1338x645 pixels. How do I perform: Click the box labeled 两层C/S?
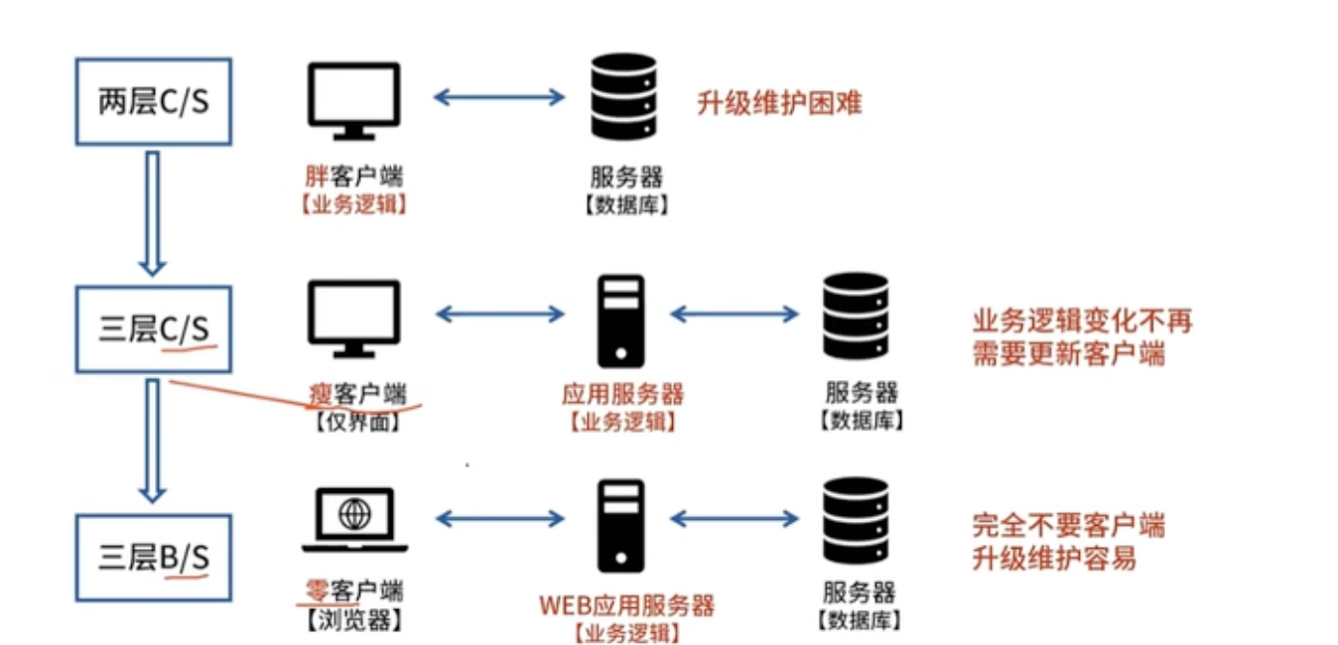(154, 101)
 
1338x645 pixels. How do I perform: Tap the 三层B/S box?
(154, 557)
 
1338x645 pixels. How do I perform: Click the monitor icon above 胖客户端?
(353, 101)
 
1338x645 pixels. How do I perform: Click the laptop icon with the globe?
(354, 520)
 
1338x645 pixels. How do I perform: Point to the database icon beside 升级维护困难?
(623, 97)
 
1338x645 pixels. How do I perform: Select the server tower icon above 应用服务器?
(620, 321)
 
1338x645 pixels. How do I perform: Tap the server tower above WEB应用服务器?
(620, 525)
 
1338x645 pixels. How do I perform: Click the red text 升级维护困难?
(779, 102)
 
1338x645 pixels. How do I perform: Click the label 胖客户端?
(353, 179)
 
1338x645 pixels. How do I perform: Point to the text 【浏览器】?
(353, 622)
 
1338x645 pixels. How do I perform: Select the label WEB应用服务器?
(626, 604)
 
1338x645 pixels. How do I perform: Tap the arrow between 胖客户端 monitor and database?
(499, 97)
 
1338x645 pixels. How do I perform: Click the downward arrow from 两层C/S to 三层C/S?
(151, 212)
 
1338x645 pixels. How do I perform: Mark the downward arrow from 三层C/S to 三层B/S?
(151, 440)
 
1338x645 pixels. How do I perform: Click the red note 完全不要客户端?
(1068, 526)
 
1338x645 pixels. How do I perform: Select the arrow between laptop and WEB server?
(499, 518)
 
